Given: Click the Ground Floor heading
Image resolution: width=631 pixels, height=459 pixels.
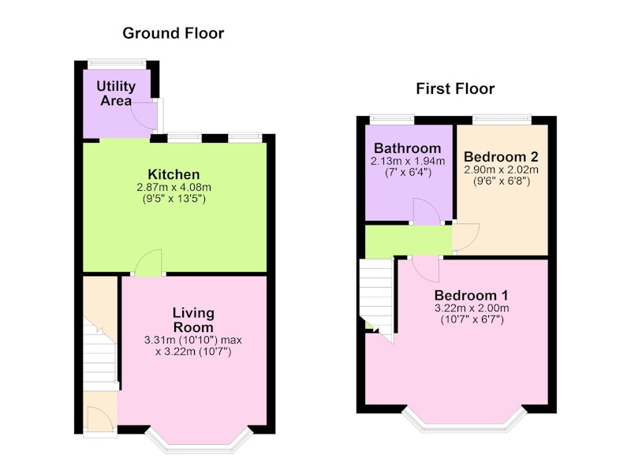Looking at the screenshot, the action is pos(173,33).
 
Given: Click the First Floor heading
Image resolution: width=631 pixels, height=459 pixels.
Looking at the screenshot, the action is pos(455,88).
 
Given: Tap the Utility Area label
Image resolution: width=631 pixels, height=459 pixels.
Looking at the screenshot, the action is pos(116,93).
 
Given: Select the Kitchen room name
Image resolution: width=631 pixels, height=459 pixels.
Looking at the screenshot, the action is pos(174,174).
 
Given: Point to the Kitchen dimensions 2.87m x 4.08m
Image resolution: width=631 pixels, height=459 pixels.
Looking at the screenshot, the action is pos(174,187).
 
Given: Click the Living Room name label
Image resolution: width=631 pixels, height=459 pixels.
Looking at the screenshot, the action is pos(193,320).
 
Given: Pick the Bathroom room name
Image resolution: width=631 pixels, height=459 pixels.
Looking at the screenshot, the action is pos(407,148).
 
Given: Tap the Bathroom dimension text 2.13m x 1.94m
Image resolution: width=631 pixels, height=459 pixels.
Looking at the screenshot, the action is pos(407,162).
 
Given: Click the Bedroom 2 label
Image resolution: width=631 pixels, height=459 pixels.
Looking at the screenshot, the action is pos(501,156).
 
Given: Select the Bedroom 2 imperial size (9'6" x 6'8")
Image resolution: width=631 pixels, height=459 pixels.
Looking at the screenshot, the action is pos(501,181).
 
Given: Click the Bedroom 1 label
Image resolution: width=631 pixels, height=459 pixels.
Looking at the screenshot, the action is pos(471,295).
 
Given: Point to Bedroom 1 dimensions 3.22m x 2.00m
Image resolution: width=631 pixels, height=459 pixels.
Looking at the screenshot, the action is pos(471,308).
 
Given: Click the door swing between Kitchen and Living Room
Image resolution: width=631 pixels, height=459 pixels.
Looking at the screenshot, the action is pos(148,263).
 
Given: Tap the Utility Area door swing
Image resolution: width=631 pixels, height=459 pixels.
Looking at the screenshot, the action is pos(144,115).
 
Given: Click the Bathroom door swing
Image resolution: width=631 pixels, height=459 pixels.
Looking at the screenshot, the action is pos(428,211).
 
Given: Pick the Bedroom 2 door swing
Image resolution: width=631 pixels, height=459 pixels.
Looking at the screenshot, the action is pos(466,237).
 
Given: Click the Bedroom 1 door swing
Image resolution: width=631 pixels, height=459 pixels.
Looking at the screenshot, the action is pos(426,269).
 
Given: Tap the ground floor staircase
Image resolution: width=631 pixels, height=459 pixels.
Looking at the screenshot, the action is pos(101,354).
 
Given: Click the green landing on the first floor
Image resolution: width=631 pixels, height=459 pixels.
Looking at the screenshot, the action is pos(409,241).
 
